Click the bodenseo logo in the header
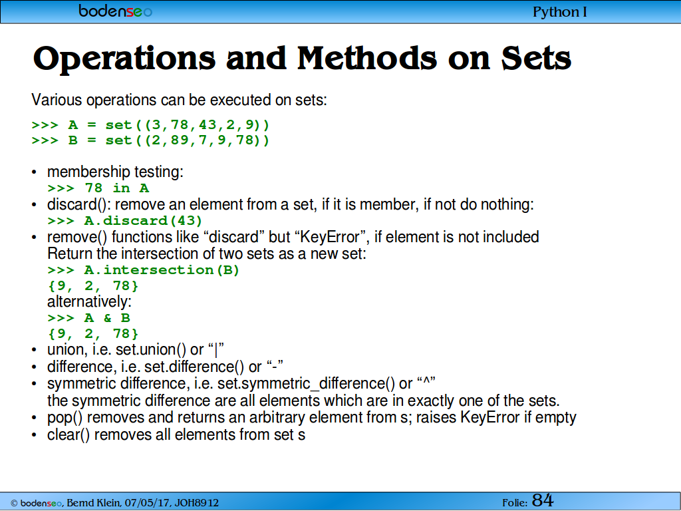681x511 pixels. (115, 11)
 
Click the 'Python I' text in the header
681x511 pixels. (560, 12)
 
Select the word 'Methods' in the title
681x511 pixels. (367, 59)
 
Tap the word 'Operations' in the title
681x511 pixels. (124, 59)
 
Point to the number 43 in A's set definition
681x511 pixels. (207, 125)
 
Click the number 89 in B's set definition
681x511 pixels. (180, 140)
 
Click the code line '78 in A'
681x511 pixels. (117, 188)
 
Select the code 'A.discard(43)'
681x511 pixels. (144, 221)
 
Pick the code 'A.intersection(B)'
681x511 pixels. (162, 270)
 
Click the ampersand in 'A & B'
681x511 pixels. (107, 318)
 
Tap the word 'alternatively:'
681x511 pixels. (89, 301)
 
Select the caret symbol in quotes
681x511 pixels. (426, 381)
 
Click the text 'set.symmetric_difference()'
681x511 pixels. (306, 384)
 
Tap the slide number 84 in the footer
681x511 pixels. (543, 500)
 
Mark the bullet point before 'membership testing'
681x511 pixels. (35, 172)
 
